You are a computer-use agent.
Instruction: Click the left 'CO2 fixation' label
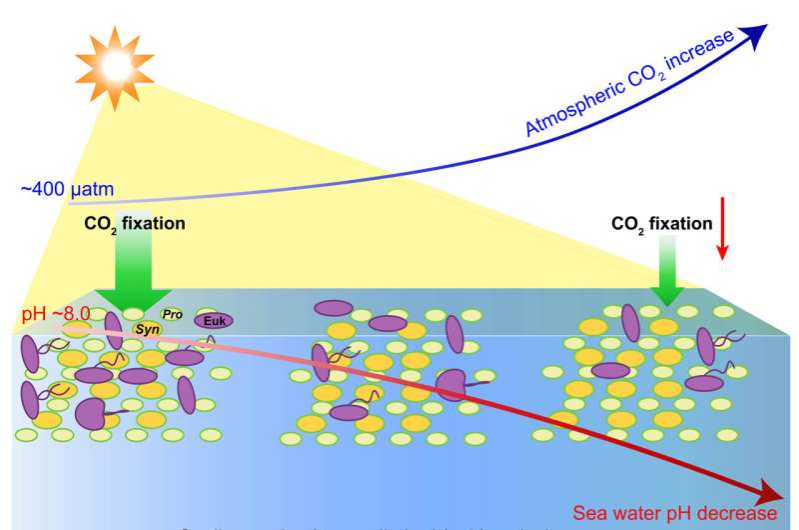(136, 223)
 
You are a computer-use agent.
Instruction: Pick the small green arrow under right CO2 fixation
(664, 285)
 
